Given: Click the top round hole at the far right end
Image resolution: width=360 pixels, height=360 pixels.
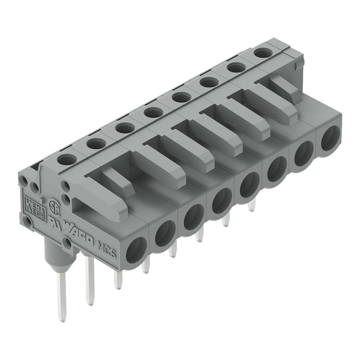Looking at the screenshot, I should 262,53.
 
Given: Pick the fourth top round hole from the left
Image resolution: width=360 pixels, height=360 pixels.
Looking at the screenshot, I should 153,113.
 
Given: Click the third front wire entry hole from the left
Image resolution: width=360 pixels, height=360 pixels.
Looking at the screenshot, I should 193,216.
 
